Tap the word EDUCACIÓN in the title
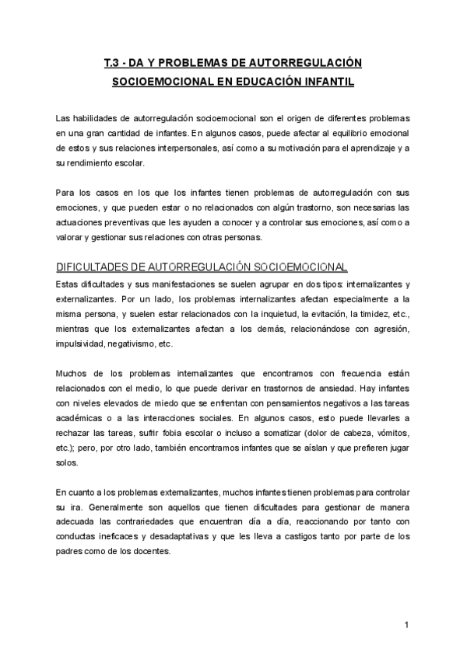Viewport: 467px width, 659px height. pos(261,80)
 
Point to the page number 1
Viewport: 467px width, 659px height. pos(406,624)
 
